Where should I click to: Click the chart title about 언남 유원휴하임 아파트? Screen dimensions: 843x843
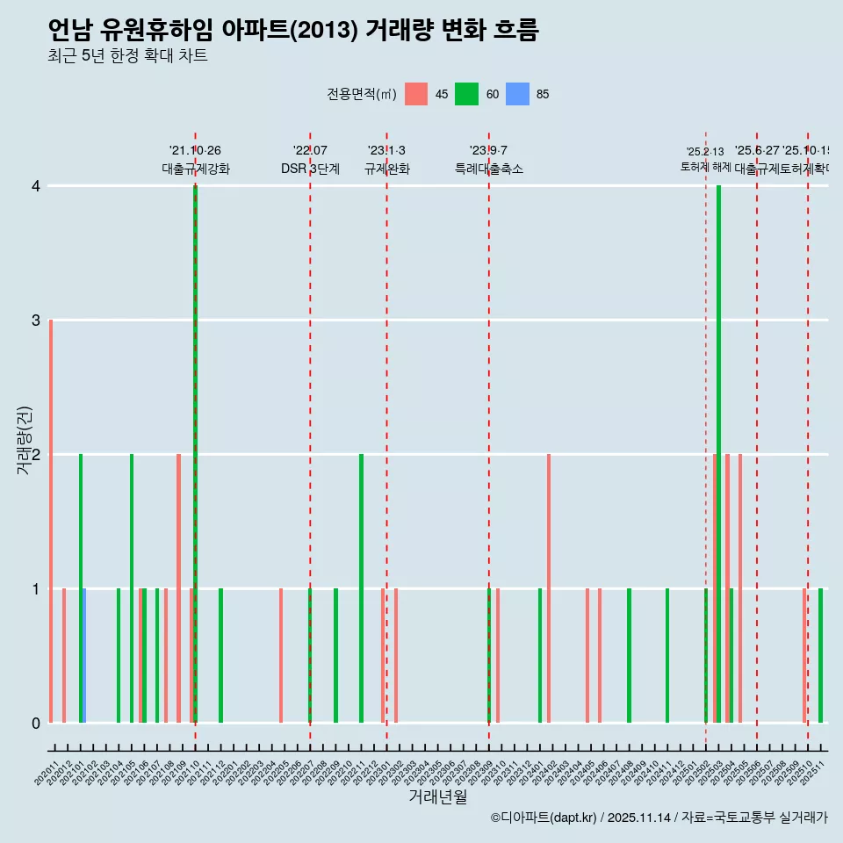[292, 30]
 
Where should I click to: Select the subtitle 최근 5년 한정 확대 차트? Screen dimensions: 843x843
[127, 56]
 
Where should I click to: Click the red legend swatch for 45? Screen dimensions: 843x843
[416, 94]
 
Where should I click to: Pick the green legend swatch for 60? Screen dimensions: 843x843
[466, 94]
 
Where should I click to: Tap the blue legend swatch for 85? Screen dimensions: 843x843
[518, 94]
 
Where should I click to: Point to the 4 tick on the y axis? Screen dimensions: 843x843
[35, 186]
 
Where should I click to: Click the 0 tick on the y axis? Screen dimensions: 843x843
[35, 723]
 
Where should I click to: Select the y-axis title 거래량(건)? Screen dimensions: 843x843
[24, 441]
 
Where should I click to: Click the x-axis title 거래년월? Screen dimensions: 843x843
[437, 796]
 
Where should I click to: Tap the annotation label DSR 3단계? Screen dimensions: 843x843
[310, 169]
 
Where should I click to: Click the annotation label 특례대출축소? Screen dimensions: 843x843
[488, 169]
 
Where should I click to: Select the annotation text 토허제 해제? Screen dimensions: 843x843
[705, 166]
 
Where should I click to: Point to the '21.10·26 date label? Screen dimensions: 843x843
[195, 151]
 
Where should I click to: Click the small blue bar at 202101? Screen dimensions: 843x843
[84, 655]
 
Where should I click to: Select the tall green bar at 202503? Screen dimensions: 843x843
[718, 454]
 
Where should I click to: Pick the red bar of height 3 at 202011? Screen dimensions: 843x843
[51, 521]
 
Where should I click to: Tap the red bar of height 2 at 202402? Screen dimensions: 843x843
[549, 588]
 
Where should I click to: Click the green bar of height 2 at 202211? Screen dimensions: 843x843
[361, 588]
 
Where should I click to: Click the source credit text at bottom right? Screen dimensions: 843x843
[659, 818]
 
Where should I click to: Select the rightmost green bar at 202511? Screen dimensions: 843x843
[820, 655]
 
